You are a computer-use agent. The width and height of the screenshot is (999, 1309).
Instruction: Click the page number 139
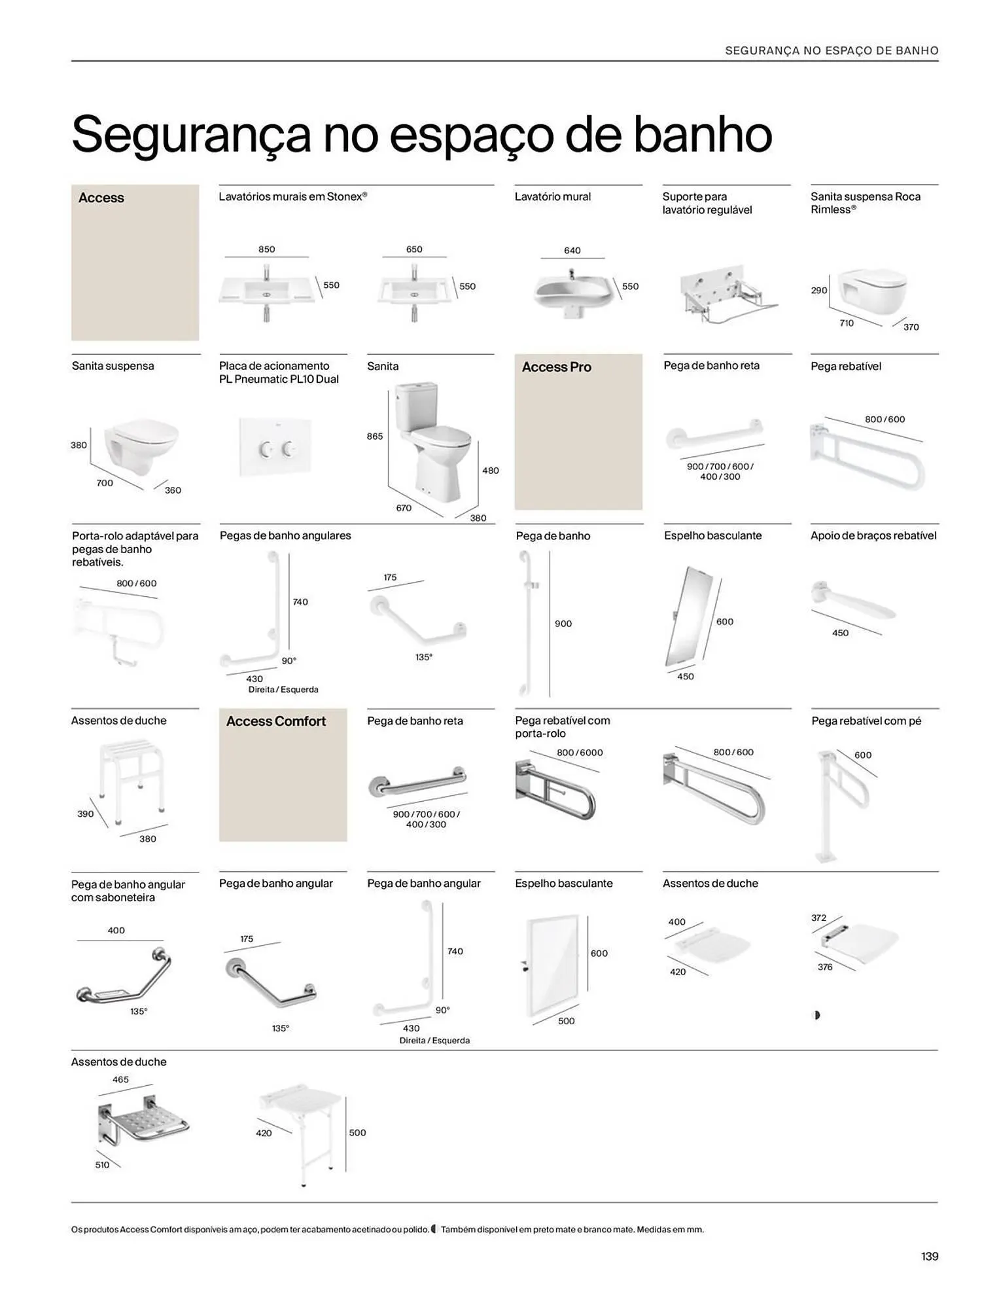click(929, 1256)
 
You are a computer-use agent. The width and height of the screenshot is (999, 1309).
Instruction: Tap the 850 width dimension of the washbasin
click(266, 249)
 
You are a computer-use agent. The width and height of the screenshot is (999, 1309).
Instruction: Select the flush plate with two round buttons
click(275, 447)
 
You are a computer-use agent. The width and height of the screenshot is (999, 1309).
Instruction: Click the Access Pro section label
click(556, 367)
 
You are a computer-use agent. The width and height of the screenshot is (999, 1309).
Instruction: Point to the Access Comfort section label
click(275, 721)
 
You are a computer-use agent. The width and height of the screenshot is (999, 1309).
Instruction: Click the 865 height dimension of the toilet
click(375, 436)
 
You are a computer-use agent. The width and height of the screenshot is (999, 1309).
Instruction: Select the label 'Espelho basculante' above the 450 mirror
click(712, 535)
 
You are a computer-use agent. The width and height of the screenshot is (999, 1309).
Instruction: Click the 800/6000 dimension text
click(580, 753)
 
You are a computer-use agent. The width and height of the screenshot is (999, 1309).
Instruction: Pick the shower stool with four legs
click(130, 783)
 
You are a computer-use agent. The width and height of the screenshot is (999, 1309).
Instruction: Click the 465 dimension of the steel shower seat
click(121, 1079)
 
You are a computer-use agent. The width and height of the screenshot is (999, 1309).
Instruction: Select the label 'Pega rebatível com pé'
click(866, 721)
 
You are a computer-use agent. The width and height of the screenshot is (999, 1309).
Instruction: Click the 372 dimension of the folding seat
click(818, 918)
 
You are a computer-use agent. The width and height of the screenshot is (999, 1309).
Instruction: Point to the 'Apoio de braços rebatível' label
click(873, 535)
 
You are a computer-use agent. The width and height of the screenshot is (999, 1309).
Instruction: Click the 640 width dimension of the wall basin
click(572, 250)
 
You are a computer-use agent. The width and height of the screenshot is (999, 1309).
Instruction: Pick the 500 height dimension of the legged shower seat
click(357, 1132)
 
